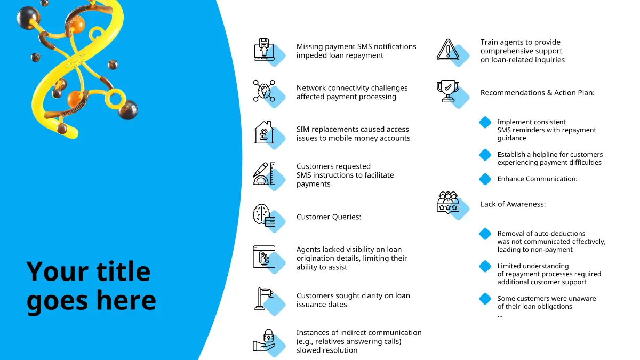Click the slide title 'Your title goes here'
pyautogui.click(x=91, y=286)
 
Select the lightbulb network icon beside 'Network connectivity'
pyautogui.click(x=264, y=90)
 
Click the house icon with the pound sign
pyautogui.click(x=264, y=132)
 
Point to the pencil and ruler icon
pyautogui.click(x=264, y=173)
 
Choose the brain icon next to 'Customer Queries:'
pyautogui.click(x=264, y=215)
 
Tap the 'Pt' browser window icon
pyautogui.click(x=264, y=257)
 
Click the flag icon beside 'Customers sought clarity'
pyautogui.click(x=264, y=299)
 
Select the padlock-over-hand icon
pyautogui.click(x=264, y=340)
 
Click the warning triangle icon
pyautogui.click(x=448, y=50)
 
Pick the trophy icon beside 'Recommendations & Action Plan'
pyautogui.click(x=448, y=91)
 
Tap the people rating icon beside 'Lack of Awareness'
pyautogui.click(x=448, y=203)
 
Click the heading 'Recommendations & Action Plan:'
pyautogui.click(x=537, y=93)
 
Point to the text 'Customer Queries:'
pyautogui.click(x=329, y=217)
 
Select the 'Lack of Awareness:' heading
pyautogui.click(x=513, y=204)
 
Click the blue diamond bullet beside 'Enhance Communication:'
pyautogui.click(x=485, y=179)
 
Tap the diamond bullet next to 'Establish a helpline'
pyautogui.click(x=485, y=155)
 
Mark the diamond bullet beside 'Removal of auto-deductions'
pyautogui.click(x=485, y=234)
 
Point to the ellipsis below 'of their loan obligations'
pyautogui.click(x=500, y=315)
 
